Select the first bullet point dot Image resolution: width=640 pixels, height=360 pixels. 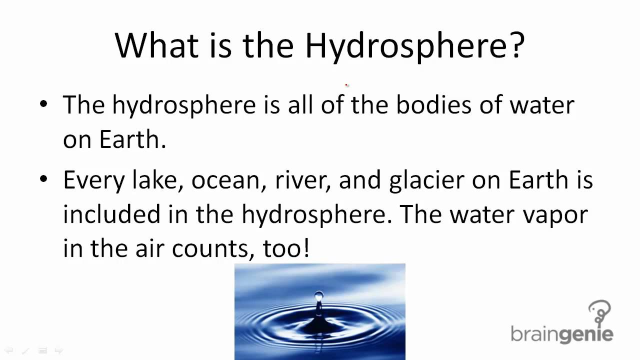click(x=44, y=104)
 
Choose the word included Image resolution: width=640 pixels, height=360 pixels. click(x=111, y=214)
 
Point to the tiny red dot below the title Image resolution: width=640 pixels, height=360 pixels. click(x=346, y=85)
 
